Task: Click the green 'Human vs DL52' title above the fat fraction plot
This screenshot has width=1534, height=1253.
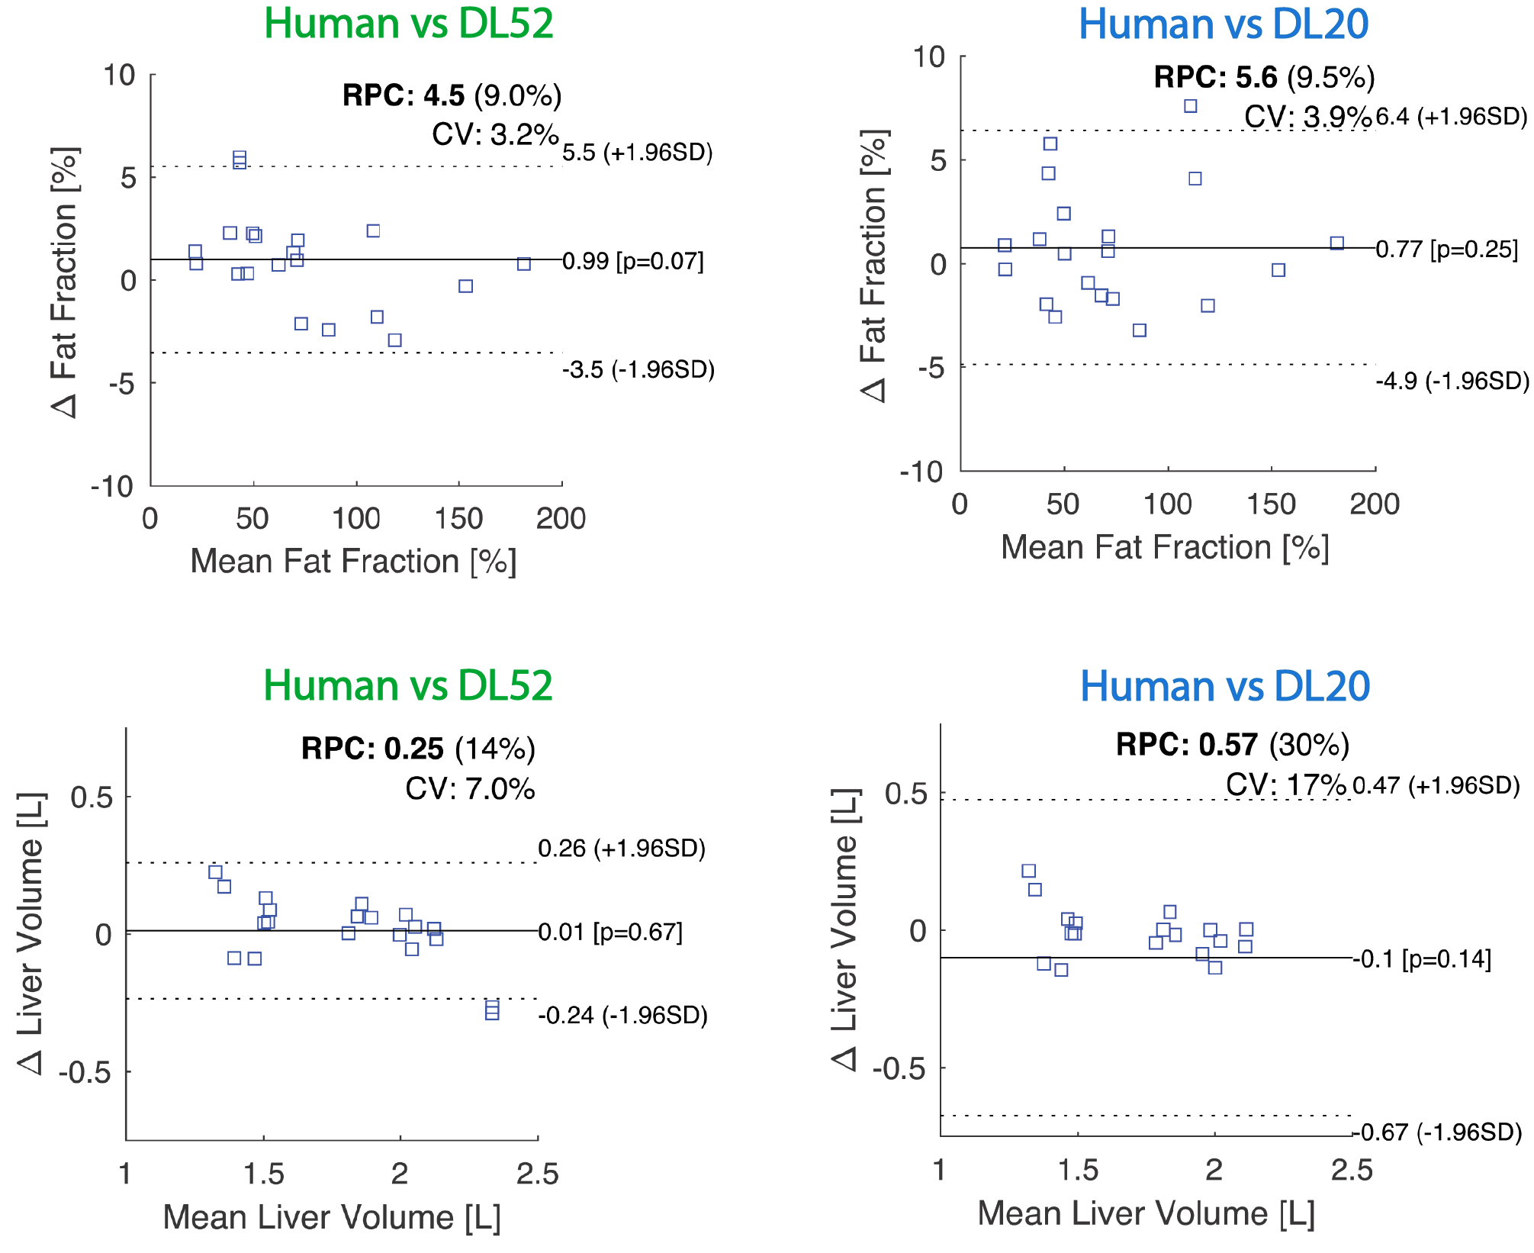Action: (x=408, y=24)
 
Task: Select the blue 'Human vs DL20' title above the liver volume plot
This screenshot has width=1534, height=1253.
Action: (x=1224, y=686)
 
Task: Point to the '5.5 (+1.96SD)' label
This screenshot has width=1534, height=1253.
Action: (x=638, y=153)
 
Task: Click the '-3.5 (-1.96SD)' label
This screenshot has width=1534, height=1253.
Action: (x=638, y=370)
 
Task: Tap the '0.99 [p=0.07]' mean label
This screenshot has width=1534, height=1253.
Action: (x=633, y=262)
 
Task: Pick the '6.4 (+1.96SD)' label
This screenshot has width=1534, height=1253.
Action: (x=1452, y=117)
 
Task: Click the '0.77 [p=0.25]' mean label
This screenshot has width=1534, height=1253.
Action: (x=1447, y=250)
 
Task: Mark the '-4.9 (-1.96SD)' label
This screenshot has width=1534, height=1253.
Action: (x=1452, y=381)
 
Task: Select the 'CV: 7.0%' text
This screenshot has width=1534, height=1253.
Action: (x=470, y=789)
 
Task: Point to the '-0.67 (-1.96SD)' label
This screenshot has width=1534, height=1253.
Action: (x=1437, y=1132)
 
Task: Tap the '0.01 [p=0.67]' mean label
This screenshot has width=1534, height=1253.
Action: (x=610, y=932)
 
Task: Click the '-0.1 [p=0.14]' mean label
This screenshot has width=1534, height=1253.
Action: (x=1422, y=959)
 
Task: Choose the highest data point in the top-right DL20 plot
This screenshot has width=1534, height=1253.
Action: (x=1190, y=106)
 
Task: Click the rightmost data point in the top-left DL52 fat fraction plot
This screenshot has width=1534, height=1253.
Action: (x=523, y=264)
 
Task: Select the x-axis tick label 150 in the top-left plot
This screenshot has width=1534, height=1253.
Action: (x=458, y=519)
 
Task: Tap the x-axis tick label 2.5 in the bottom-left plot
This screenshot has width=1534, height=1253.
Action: (x=538, y=1174)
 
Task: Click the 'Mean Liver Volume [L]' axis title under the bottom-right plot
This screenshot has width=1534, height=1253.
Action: (x=1146, y=1214)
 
